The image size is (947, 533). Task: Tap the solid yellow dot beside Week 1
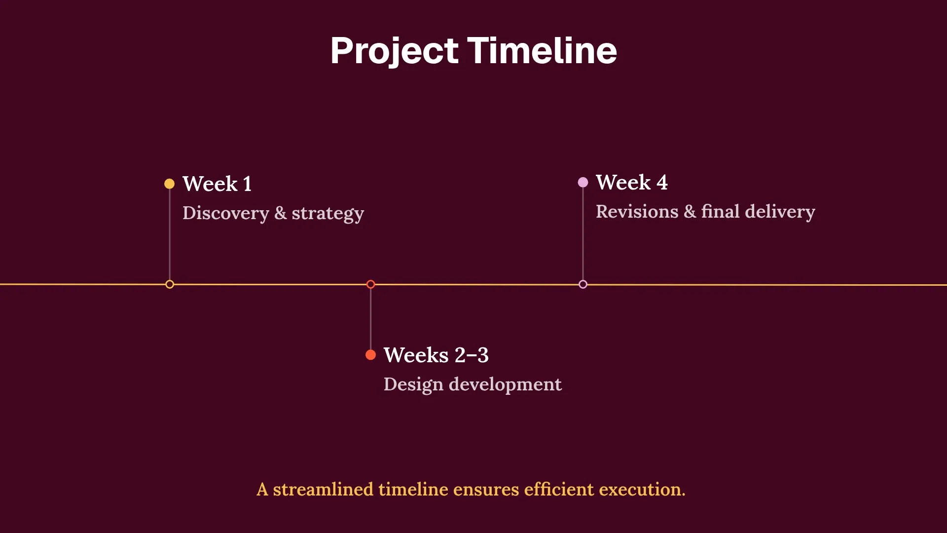pyautogui.click(x=169, y=184)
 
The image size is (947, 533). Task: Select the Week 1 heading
pyautogui.click(x=217, y=184)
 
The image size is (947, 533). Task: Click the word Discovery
pyautogui.click(x=225, y=213)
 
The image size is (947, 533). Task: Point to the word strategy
pyautogui.click(x=328, y=214)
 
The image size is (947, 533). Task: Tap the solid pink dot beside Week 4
pyautogui.click(x=583, y=182)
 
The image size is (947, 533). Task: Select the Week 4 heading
pyautogui.click(x=631, y=182)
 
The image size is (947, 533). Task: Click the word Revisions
pyautogui.click(x=637, y=211)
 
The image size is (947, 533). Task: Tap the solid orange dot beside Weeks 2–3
pyautogui.click(x=370, y=355)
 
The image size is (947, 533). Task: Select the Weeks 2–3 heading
pyautogui.click(x=436, y=355)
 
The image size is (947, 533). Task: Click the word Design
pyautogui.click(x=413, y=384)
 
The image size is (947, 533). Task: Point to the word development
pyautogui.click(x=505, y=384)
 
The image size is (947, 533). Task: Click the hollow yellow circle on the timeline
pyautogui.click(x=169, y=284)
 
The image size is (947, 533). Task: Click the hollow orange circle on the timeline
pyautogui.click(x=370, y=284)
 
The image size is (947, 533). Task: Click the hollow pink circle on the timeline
pyautogui.click(x=583, y=284)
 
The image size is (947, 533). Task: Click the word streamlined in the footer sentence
pyautogui.click(x=323, y=490)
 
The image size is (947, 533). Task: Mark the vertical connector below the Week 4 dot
pyautogui.click(x=583, y=232)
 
